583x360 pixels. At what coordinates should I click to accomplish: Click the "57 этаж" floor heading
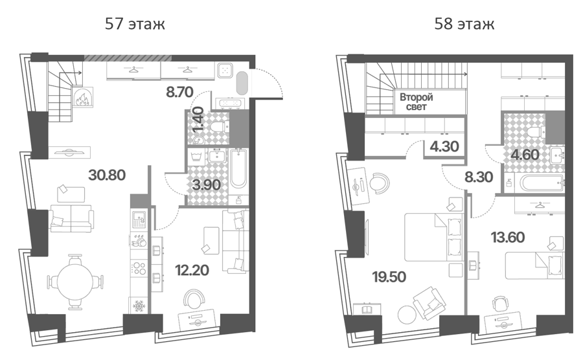(135, 24)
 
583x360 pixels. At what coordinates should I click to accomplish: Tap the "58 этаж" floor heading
(464, 24)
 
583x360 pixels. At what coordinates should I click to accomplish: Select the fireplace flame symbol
(82, 98)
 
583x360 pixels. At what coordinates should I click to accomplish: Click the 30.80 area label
(107, 175)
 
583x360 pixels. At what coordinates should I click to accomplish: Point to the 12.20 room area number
(192, 270)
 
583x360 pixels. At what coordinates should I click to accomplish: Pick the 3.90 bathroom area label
(207, 185)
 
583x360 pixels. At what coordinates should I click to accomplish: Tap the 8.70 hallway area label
(179, 91)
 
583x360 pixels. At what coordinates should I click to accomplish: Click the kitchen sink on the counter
(140, 219)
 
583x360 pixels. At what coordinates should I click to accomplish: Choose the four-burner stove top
(139, 268)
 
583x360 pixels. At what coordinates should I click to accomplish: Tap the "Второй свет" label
(417, 102)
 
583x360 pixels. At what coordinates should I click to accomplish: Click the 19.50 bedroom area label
(389, 276)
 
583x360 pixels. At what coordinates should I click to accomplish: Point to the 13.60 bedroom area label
(508, 237)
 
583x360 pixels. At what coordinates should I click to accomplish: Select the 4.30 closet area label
(444, 146)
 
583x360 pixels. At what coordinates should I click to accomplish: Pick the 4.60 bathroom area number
(525, 154)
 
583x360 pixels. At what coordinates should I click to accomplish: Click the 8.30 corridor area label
(479, 177)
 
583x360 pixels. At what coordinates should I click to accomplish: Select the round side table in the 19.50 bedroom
(407, 314)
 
